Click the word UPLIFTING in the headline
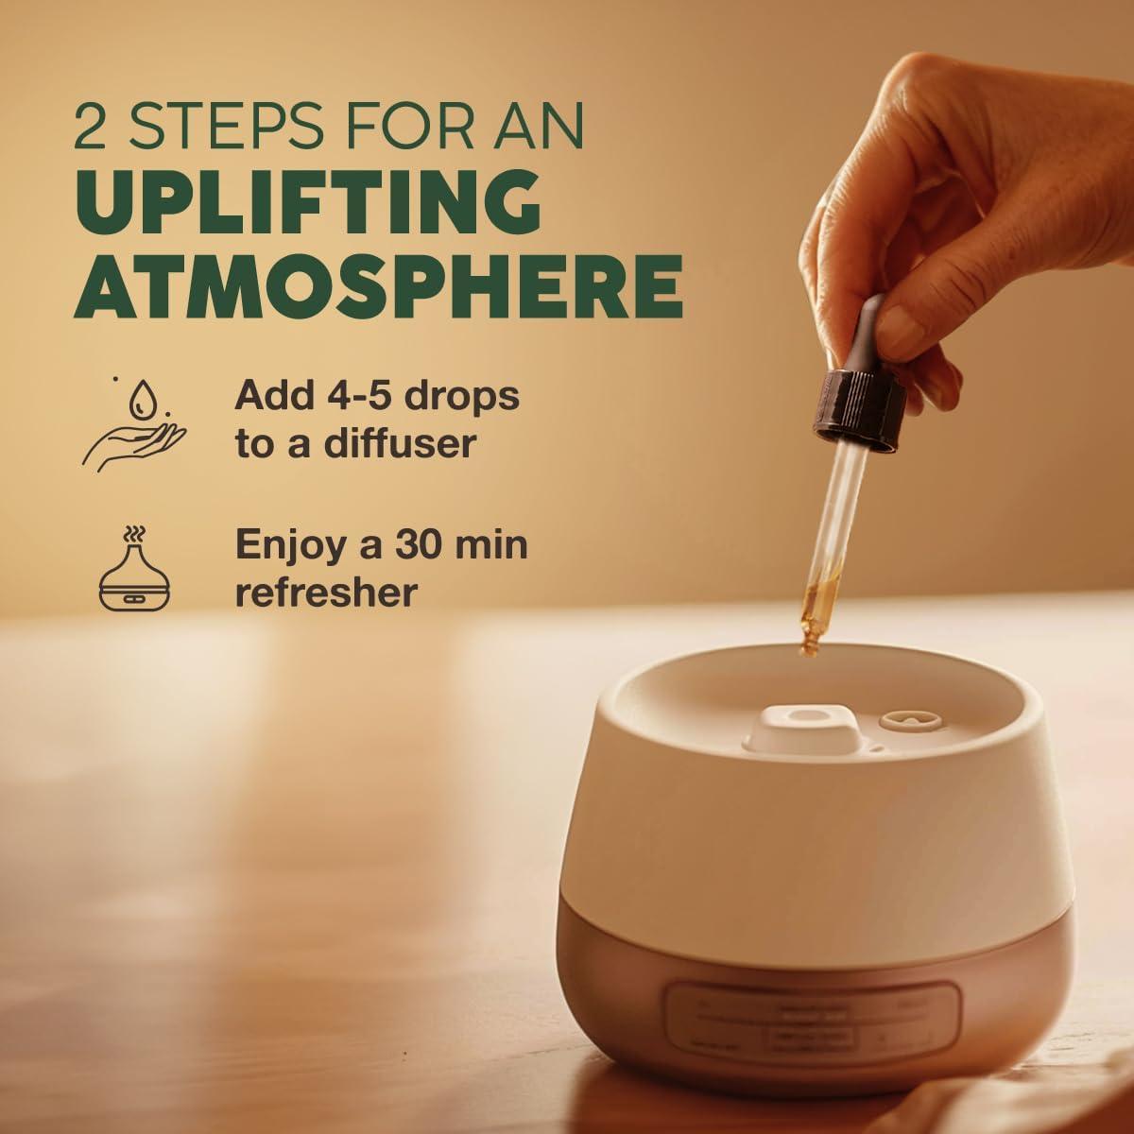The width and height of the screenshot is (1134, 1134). [308, 203]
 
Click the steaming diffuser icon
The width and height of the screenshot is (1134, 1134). [135, 569]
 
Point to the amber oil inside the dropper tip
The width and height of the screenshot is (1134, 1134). [812, 622]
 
